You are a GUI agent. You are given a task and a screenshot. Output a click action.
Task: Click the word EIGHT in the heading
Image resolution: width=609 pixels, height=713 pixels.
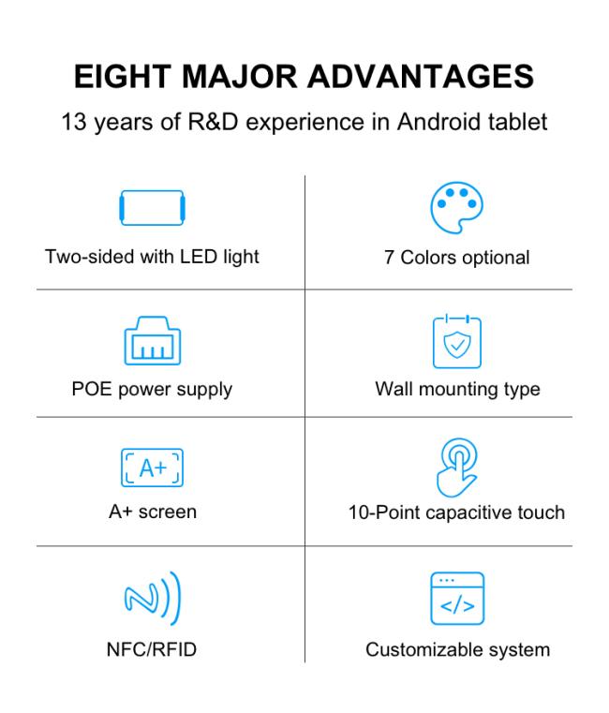pos(123,77)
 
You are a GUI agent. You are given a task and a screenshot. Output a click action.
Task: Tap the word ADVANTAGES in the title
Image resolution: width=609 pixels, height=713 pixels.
pos(421,77)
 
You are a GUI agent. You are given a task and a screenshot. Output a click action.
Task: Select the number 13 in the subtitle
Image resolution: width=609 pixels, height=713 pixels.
pos(74,122)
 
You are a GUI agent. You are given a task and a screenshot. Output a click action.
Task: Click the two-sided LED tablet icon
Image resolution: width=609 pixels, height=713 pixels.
pos(152,208)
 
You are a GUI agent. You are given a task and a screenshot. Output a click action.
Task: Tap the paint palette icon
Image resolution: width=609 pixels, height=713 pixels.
pos(456,208)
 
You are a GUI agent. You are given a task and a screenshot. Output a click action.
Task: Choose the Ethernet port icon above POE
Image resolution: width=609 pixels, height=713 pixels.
pos(153,341)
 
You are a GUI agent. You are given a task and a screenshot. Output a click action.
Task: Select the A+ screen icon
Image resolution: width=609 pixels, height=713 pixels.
pos(153,468)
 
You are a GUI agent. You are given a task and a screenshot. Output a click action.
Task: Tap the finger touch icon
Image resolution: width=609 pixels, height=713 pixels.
pos(457,468)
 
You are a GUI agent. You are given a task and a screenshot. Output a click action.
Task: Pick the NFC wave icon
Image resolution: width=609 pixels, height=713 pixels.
pos(153,598)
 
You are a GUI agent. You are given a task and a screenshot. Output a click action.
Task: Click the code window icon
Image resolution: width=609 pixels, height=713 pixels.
pos(457,599)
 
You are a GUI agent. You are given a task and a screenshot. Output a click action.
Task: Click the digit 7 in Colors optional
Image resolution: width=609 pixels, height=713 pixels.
pos(389,258)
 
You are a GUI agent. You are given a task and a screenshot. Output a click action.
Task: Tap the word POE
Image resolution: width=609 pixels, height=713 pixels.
pos(92,389)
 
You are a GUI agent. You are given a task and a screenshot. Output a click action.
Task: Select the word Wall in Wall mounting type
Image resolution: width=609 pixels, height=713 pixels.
pos(394,389)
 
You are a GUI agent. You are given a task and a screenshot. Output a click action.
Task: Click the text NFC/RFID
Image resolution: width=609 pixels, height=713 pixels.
pos(152,649)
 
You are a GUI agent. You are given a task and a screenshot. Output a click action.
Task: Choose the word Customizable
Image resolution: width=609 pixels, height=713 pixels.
pos(420,650)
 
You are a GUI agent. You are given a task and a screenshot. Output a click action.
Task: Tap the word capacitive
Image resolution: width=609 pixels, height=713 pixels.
pos(469,512)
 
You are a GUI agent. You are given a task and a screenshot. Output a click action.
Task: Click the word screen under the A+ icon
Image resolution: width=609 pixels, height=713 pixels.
pos(168,512)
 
